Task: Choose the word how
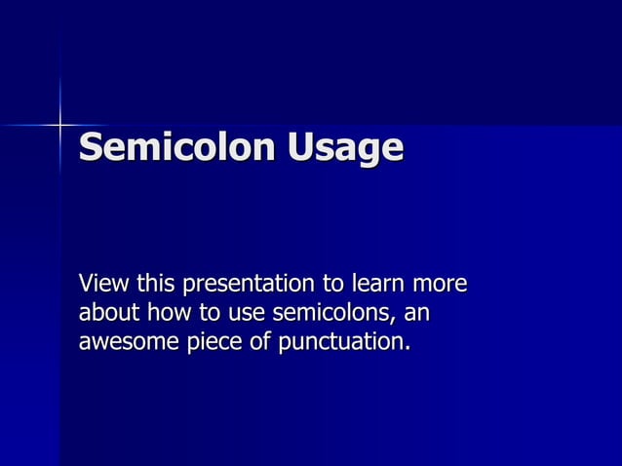click(167, 314)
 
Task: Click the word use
click(246, 316)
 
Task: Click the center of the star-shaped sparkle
click(60, 125)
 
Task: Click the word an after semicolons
click(417, 316)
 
